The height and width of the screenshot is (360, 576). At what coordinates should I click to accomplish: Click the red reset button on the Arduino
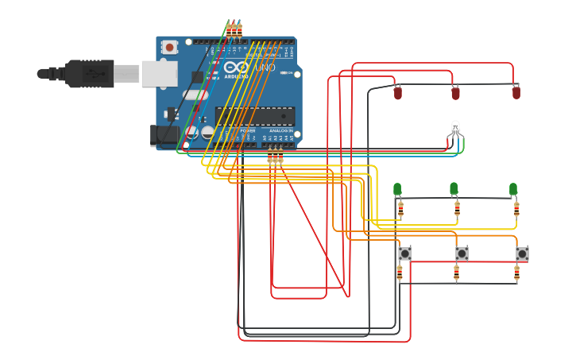click(169, 48)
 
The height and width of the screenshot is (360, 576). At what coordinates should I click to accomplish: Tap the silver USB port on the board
click(159, 74)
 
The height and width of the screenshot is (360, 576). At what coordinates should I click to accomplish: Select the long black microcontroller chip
click(254, 116)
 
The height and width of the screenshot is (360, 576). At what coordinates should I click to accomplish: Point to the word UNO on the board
click(265, 68)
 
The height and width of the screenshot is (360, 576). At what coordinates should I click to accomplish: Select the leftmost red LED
click(398, 93)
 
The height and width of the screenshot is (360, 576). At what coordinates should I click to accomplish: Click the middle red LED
click(455, 93)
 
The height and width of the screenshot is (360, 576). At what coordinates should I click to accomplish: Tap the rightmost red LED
click(516, 93)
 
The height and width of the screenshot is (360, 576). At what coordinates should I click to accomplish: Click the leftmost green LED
click(397, 189)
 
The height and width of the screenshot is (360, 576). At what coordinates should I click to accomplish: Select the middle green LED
click(454, 189)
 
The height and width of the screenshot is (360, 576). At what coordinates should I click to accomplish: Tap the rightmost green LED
click(513, 189)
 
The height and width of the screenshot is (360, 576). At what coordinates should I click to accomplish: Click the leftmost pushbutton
click(405, 254)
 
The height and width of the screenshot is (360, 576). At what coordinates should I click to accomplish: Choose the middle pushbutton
click(462, 254)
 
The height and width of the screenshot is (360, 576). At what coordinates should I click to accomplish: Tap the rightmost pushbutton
click(522, 254)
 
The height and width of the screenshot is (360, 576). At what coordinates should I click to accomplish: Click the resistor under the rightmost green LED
click(516, 209)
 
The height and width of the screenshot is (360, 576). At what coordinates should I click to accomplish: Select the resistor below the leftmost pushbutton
click(400, 273)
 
